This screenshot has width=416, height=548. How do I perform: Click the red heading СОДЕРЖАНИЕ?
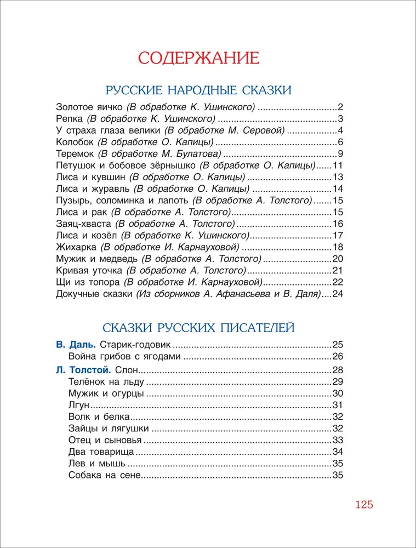click(x=198, y=58)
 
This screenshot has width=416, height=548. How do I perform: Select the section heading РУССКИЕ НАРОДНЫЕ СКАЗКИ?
click(x=198, y=90)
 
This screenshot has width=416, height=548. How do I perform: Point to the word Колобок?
click(x=73, y=142)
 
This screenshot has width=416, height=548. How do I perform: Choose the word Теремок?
click(x=75, y=153)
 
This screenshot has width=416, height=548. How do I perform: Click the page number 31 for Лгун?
click(x=338, y=405)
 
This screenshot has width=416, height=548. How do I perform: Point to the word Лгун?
click(x=79, y=405)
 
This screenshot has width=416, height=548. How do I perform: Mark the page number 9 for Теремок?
click(x=340, y=153)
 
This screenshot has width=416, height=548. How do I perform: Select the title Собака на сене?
click(x=105, y=476)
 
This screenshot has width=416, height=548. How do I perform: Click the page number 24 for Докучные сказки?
click(x=338, y=294)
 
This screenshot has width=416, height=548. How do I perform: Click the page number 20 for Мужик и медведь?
click(x=338, y=259)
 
